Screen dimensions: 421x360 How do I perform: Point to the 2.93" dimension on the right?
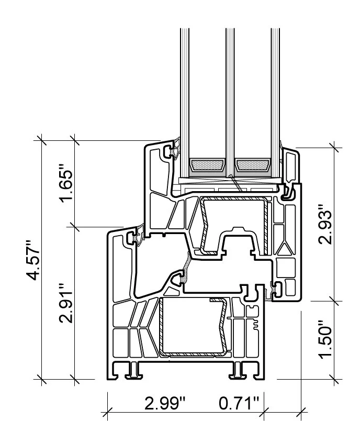pyautogui.click(x=325, y=224)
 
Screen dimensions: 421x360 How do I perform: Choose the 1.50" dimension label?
pyautogui.click(x=325, y=339)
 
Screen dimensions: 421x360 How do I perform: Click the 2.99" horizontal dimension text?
pyautogui.click(x=165, y=403)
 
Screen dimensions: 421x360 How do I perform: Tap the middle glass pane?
pyautogui.click(x=230, y=94)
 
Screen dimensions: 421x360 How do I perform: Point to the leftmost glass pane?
pyautogui.click(x=184, y=94)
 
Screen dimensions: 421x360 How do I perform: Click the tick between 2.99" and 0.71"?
pyautogui.click(x=265, y=410)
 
